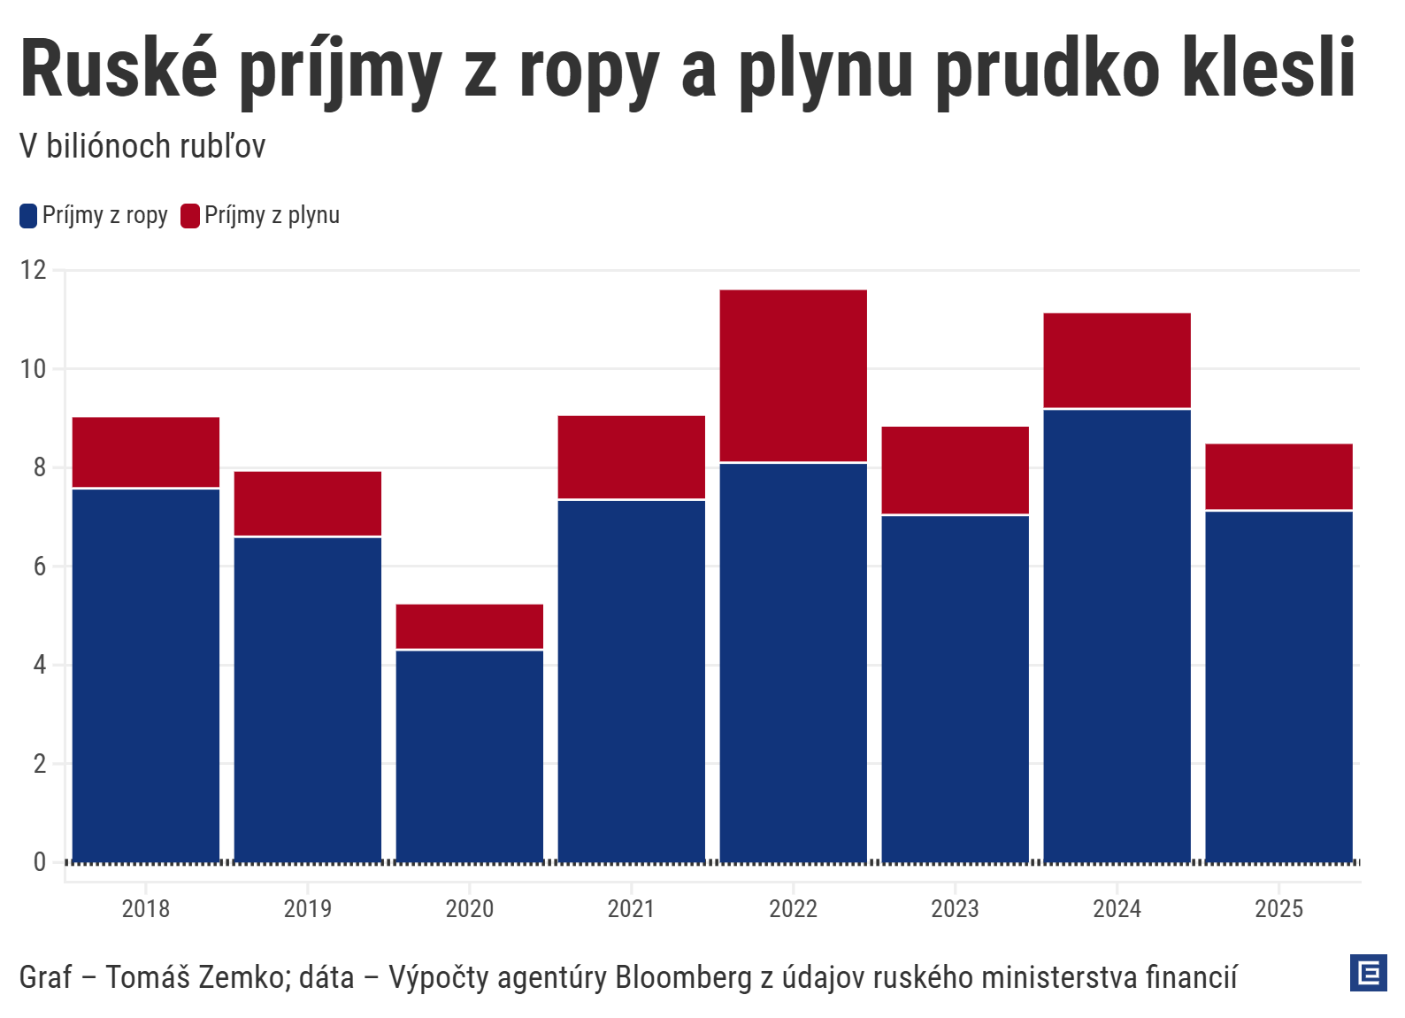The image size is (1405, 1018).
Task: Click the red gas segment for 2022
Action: coord(793,375)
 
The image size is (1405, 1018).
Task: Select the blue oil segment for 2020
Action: coord(469,755)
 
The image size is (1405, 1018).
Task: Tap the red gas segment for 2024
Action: coord(1117,360)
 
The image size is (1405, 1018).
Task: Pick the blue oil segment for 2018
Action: coord(146,675)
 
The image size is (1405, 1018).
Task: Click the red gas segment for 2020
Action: coord(469,627)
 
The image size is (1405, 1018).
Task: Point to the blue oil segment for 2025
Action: coord(1278,686)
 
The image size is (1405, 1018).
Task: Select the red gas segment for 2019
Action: coord(307,504)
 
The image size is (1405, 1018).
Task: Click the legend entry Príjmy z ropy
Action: coord(104,215)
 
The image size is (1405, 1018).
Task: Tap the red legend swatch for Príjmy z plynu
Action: coord(190,215)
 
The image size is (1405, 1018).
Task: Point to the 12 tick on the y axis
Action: coord(34,270)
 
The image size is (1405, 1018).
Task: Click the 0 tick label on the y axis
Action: coord(39,862)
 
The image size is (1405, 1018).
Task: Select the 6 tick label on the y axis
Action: coord(39,567)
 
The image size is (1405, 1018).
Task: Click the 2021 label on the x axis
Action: coord(631,909)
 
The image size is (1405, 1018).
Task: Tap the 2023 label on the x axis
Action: coord(955,909)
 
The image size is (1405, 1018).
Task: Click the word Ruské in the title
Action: coord(119,69)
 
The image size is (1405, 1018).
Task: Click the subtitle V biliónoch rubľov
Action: coord(142,146)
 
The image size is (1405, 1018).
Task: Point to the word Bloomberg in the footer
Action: coord(683,977)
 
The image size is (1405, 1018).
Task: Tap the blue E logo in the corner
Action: coord(1368,973)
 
